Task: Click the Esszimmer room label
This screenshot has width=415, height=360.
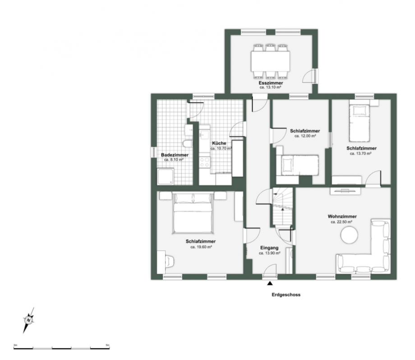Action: click(x=271, y=83)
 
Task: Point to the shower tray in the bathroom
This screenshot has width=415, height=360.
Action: click(x=165, y=176)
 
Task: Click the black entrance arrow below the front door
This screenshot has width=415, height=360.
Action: click(x=270, y=283)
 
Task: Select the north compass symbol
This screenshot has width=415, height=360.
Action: click(x=29, y=320)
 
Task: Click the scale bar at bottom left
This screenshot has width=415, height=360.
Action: click(x=62, y=348)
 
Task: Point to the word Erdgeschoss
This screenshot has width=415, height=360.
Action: click(x=286, y=295)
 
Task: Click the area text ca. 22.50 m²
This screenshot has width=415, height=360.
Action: click(x=341, y=222)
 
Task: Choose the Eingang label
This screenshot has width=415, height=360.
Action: click(x=270, y=248)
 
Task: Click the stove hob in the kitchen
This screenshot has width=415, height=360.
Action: click(x=205, y=161)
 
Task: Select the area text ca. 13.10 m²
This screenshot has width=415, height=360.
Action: click(x=271, y=88)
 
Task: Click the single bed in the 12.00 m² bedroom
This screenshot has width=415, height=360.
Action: click(x=299, y=164)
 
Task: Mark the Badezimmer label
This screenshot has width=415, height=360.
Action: click(x=175, y=155)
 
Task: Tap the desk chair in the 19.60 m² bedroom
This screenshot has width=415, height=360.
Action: click(x=169, y=261)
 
